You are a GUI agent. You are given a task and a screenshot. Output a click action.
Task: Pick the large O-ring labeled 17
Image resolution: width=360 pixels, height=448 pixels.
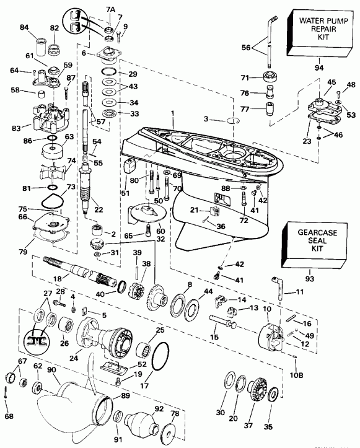point(159,360)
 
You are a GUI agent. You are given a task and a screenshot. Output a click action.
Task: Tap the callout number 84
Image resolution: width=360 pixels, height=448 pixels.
point(24,27)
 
